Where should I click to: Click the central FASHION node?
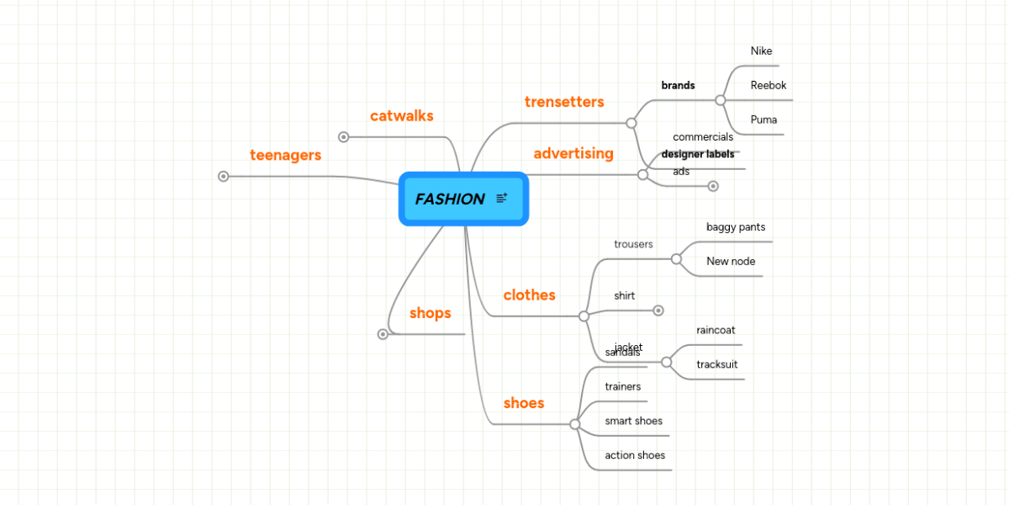(451, 199)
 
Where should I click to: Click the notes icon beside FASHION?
(502, 199)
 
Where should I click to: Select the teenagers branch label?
(286, 156)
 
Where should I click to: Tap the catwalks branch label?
(402, 116)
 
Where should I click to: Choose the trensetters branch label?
(564, 102)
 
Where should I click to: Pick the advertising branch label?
(573, 154)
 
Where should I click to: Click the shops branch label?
(431, 313)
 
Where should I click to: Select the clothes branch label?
(530, 295)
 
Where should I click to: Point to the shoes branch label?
(524, 403)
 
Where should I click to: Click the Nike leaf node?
(761, 51)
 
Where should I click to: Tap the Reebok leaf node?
(769, 86)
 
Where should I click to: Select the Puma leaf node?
(763, 120)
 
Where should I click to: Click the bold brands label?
(678, 86)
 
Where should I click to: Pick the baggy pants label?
(736, 227)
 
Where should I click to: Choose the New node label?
(731, 262)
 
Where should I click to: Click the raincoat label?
(716, 331)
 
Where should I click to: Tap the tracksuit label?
(717, 364)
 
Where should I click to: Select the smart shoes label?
(634, 421)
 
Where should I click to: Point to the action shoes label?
(635, 455)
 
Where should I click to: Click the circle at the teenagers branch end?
(224, 177)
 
